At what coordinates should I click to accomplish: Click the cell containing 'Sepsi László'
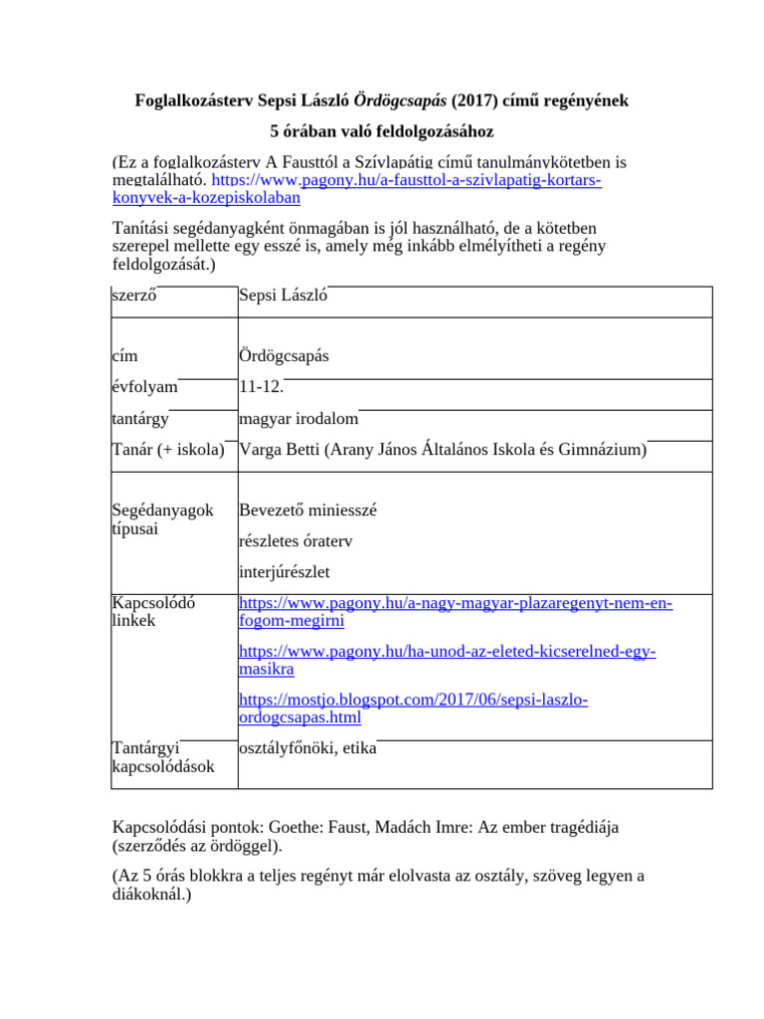click(x=284, y=296)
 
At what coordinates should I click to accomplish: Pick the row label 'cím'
click(x=124, y=355)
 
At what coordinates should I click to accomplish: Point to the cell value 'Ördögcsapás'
click(x=285, y=355)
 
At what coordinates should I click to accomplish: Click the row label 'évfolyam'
click(x=144, y=387)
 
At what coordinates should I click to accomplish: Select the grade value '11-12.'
click(x=262, y=387)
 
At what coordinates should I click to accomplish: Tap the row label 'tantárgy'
click(x=140, y=419)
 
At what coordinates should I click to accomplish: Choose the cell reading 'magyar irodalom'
click(x=298, y=419)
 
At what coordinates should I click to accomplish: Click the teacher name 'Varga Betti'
click(x=280, y=450)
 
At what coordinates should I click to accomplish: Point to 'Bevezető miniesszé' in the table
click(x=307, y=510)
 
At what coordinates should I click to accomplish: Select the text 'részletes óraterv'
click(x=296, y=541)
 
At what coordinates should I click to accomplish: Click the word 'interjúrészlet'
click(x=285, y=572)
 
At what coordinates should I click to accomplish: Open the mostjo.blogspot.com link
click(x=413, y=701)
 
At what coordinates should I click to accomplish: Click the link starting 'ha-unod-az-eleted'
click(x=448, y=652)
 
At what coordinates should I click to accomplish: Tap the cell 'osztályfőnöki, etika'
click(x=307, y=748)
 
